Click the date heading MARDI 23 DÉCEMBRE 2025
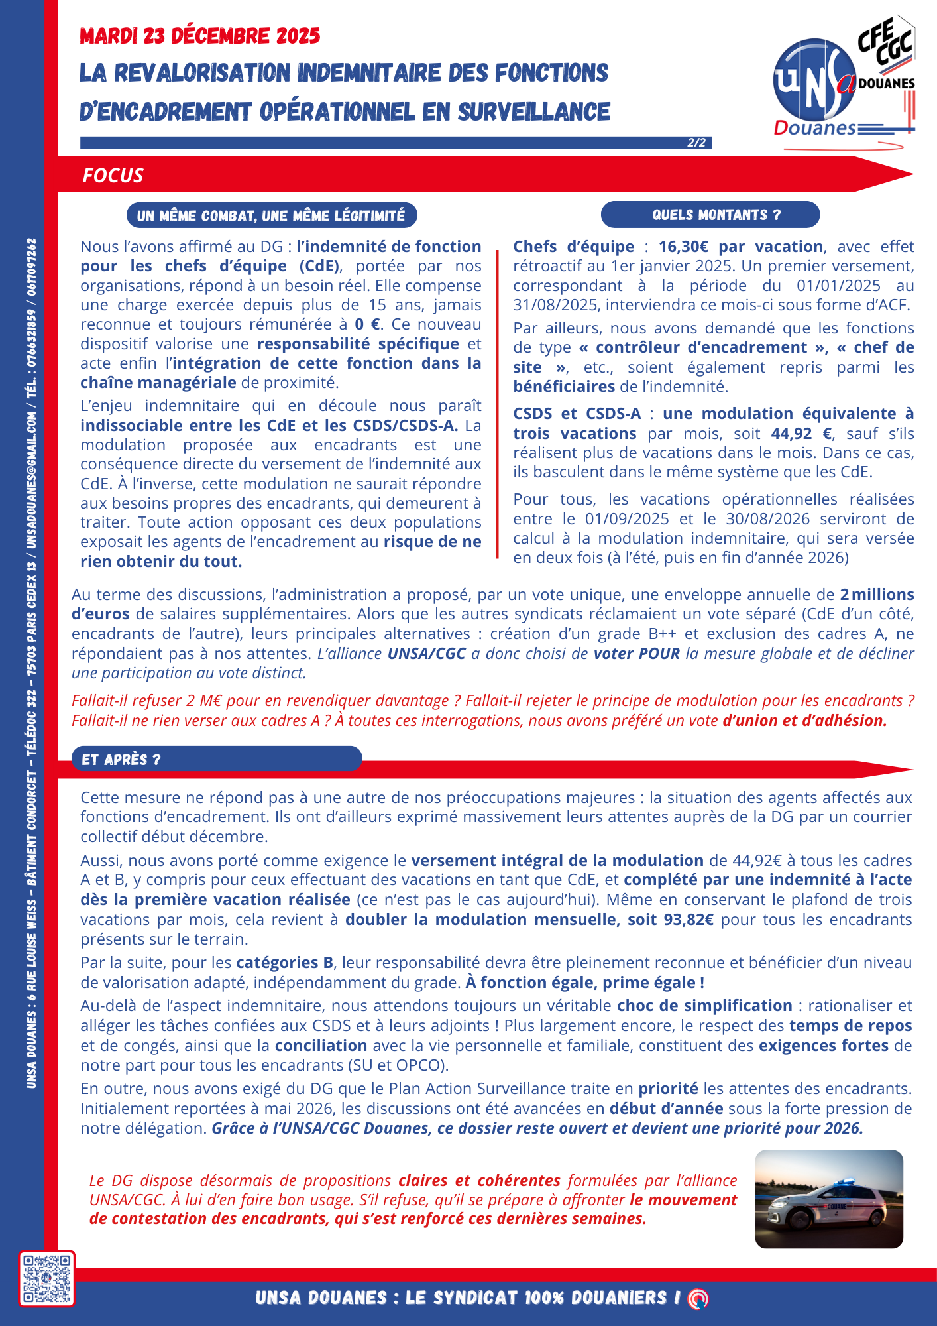pos(199,36)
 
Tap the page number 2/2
pos(696,143)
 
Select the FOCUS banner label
pos(113,176)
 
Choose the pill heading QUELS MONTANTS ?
pos(710,215)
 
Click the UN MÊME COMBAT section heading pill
pos(271,215)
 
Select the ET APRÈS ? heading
pos(121,760)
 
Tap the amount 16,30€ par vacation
pos(741,247)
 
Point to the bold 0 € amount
pos(367,324)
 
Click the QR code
pos(46,1279)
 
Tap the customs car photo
pos(829,1199)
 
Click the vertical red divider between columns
pos(497,404)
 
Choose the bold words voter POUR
pos(637,654)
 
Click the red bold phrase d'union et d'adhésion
pos(804,721)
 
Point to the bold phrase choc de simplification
pos(704,1006)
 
